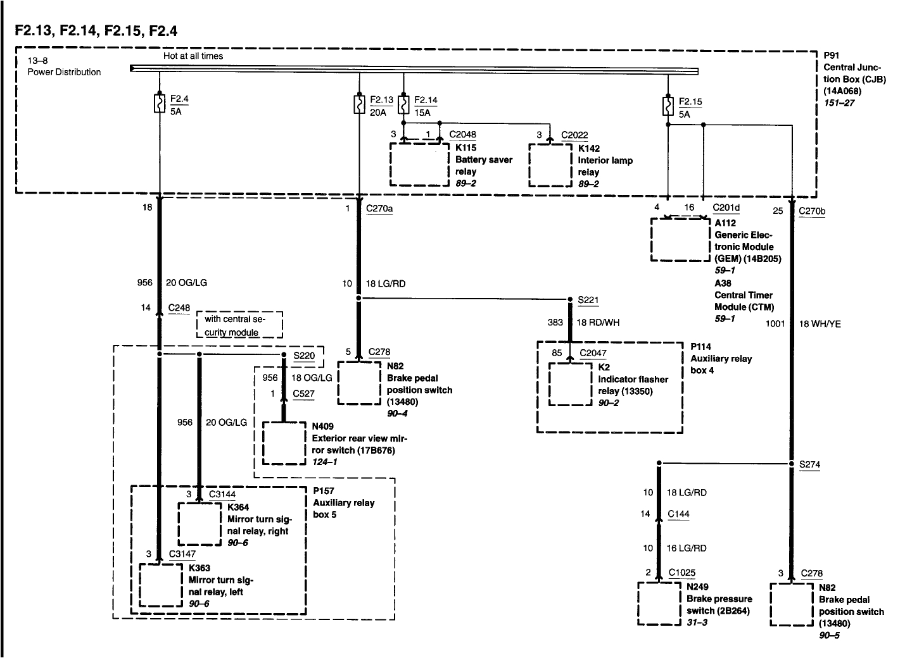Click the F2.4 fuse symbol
[x=159, y=103]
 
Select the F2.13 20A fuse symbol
[x=359, y=104]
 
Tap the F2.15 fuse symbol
[x=668, y=106]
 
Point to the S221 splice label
[x=588, y=300]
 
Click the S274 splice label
[x=809, y=464]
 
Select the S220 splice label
[x=304, y=356]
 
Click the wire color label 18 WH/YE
[x=820, y=324]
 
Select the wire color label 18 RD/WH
[x=598, y=323]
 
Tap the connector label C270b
[x=812, y=211]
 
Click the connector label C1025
[x=682, y=573]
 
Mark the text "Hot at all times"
[x=193, y=56]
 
